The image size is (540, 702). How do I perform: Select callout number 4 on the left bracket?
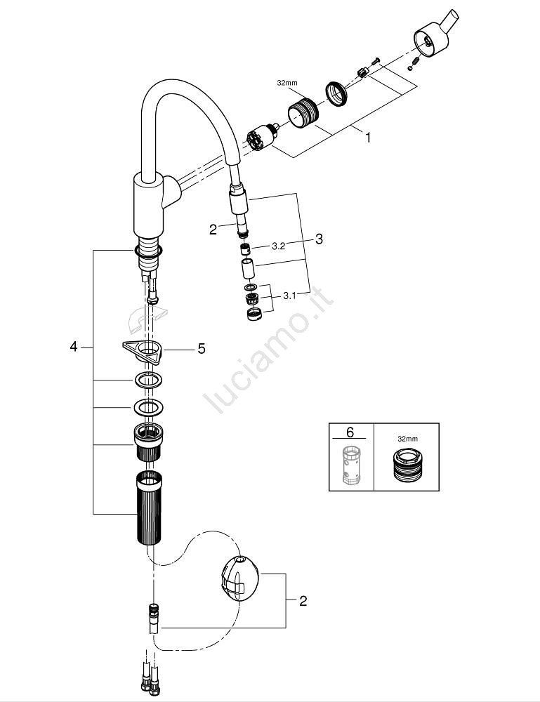73,347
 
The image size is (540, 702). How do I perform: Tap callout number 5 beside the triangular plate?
201,349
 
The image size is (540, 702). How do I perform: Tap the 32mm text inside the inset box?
407,439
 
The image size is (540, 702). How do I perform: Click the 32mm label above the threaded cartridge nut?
287,83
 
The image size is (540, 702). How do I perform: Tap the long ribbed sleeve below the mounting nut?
147,507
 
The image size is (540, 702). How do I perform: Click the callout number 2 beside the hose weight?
303,601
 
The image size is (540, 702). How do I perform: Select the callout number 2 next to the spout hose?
213,229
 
